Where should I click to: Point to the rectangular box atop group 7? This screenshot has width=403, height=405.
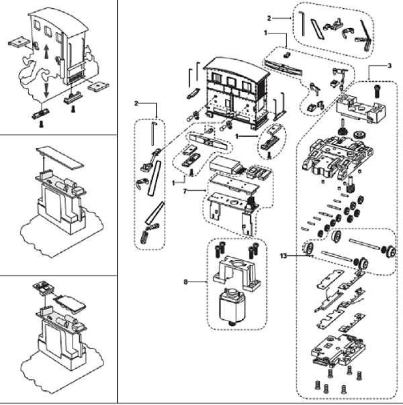pyautogui.click(x=225, y=165)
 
